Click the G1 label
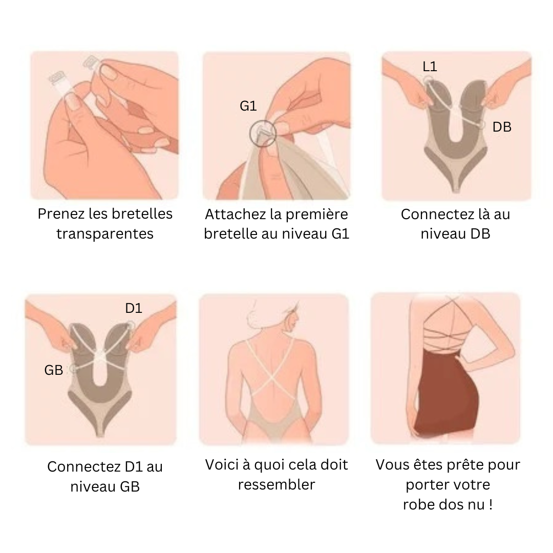(248, 106)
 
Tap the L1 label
(430, 66)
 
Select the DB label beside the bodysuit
(501, 127)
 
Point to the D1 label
(134, 308)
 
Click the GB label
(54, 370)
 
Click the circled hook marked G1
(262, 133)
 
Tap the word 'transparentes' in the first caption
(105, 234)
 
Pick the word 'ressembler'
(276, 484)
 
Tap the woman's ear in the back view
(291, 322)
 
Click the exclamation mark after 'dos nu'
(491, 504)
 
